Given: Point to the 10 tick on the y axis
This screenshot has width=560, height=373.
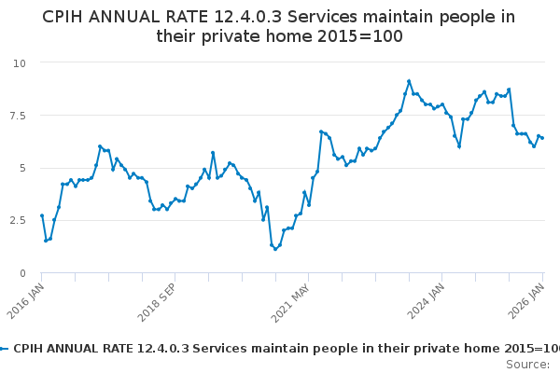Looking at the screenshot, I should pos(19,62).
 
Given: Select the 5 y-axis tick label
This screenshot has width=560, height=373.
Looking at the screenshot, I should pos(22,168).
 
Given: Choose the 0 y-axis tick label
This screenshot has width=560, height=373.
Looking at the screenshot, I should pos(22,273).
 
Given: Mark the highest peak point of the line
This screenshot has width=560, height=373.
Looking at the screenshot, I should pos(409,81).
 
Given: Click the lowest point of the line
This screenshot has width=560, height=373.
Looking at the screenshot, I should pos(275,249).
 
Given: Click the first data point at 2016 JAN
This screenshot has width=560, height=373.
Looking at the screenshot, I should pos(42,215).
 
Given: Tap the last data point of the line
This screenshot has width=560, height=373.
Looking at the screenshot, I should pos(542,138).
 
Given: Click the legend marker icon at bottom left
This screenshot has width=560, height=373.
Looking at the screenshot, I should pos(5,348).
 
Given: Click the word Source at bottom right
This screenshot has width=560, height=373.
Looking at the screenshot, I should pos(527,364).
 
